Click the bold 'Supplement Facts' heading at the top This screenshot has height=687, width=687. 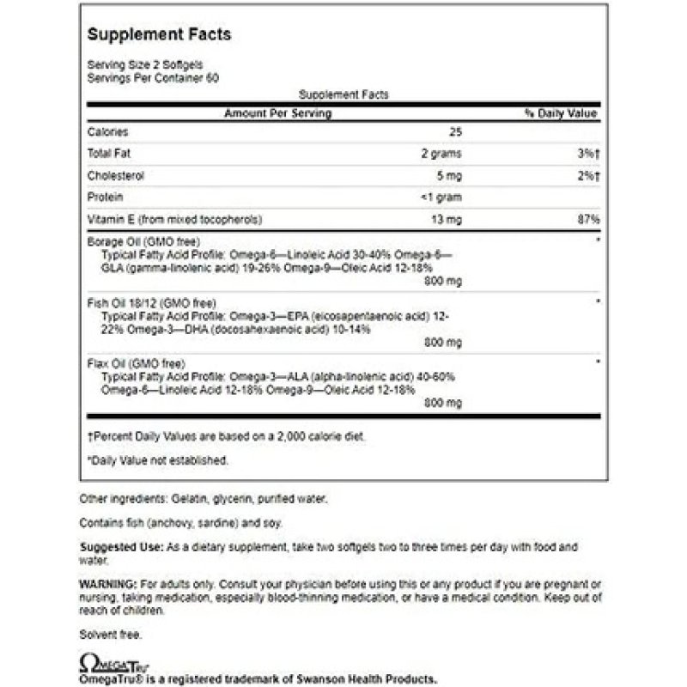[x=160, y=34]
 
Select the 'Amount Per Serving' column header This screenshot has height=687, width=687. [x=277, y=113]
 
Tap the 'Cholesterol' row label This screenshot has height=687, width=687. [x=115, y=175]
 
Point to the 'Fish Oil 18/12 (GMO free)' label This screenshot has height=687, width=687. [x=147, y=302]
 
